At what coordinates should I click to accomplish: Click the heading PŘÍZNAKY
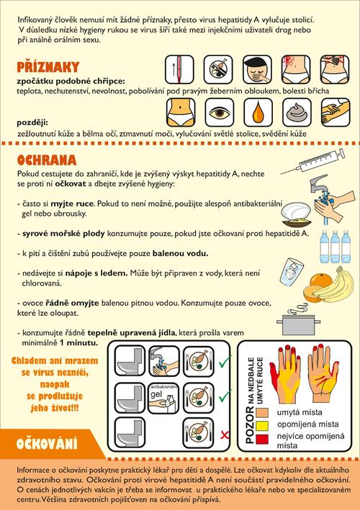(48, 67)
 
